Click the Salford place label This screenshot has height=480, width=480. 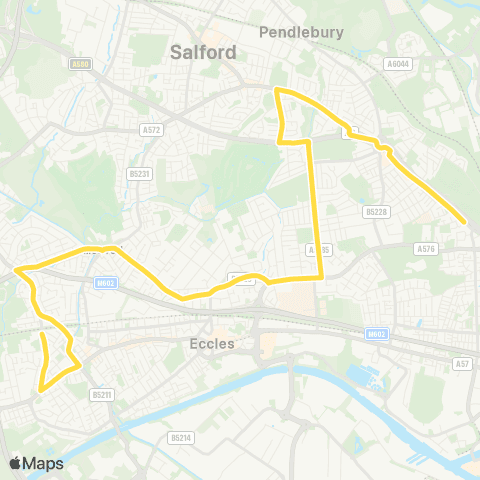tap(203, 52)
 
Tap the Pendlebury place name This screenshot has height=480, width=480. tap(301, 32)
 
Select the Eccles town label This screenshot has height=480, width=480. tap(211, 343)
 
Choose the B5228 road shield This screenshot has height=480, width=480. tap(376, 211)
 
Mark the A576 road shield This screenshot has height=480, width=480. tap(427, 248)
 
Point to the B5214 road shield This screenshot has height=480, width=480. tap(180, 437)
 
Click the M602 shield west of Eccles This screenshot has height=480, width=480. tap(106, 283)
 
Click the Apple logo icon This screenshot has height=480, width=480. tap(16, 463)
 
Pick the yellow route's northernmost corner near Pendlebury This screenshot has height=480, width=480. tap(277, 90)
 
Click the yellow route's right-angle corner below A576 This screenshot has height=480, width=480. tap(321, 276)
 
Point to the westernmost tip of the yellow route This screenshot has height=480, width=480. tap(16, 268)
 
